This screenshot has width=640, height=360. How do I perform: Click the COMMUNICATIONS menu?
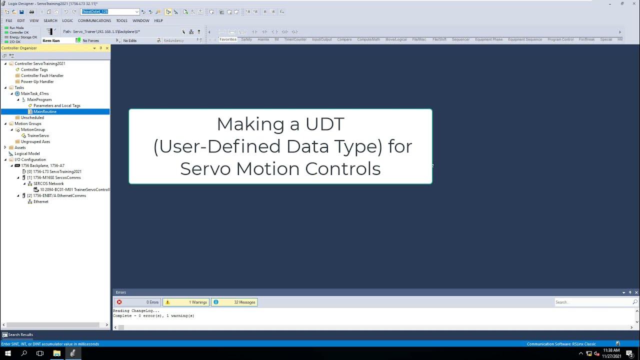pyautogui.click(x=94, y=20)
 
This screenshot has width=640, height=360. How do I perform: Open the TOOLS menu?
pyautogui.click(x=121, y=20)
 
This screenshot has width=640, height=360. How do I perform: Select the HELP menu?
pyautogui.click(x=158, y=20)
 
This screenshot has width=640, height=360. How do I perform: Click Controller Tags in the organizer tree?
pyautogui.click(x=34, y=69)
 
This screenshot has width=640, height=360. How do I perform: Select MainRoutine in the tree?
pyautogui.click(x=44, y=111)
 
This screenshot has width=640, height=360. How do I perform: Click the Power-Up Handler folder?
pyautogui.click(x=37, y=81)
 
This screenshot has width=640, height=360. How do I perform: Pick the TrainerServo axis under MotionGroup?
pyautogui.click(x=38, y=135)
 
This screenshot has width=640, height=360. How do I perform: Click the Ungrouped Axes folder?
pyautogui.click(x=35, y=141)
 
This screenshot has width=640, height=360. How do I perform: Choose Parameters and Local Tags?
pyautogui.click(x=56, y=105)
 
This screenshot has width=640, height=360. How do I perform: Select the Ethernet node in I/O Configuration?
pyautogui.click(x=41, y=201)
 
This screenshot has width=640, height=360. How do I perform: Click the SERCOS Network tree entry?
pyautogui.click(x=48, y=183)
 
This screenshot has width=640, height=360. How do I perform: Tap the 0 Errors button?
pyautogui.click(x=137, y=302)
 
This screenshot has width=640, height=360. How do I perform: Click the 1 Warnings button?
pyautogui.click(x=186, y=302)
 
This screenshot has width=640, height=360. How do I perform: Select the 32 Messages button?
pyautogui.click(x=234, y=302)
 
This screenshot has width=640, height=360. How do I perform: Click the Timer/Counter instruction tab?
pyautogui.click(x=295, y=39)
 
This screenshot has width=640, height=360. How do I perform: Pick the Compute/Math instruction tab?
pyautogui.click(x=368, y=39)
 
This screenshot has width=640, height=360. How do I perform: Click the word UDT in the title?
pyautogui.click(x=324, y=124)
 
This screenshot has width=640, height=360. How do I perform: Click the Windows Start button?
pyautogui.click(x=8, y=353)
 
